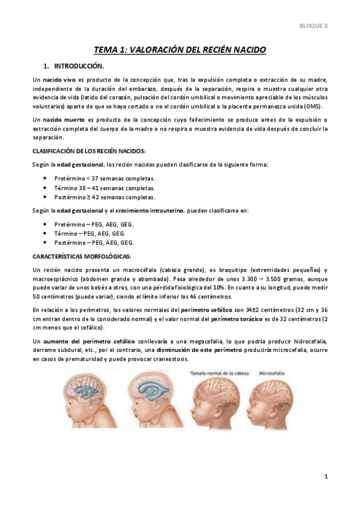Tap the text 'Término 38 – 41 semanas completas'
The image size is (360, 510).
click(x=105, y=188)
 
